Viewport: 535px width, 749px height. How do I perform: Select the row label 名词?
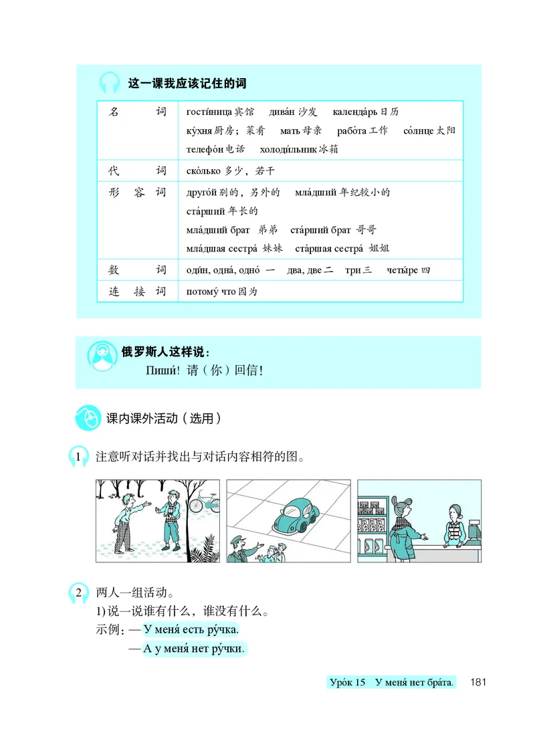click(x=136, y=112)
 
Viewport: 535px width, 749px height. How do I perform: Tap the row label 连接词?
click(x=136, y=292)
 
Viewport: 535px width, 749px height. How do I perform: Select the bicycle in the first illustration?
click(x=204, y=502)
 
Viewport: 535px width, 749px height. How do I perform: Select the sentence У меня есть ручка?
click(x=191, y=630)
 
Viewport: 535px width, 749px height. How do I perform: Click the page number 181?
click(x=479, y=683)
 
